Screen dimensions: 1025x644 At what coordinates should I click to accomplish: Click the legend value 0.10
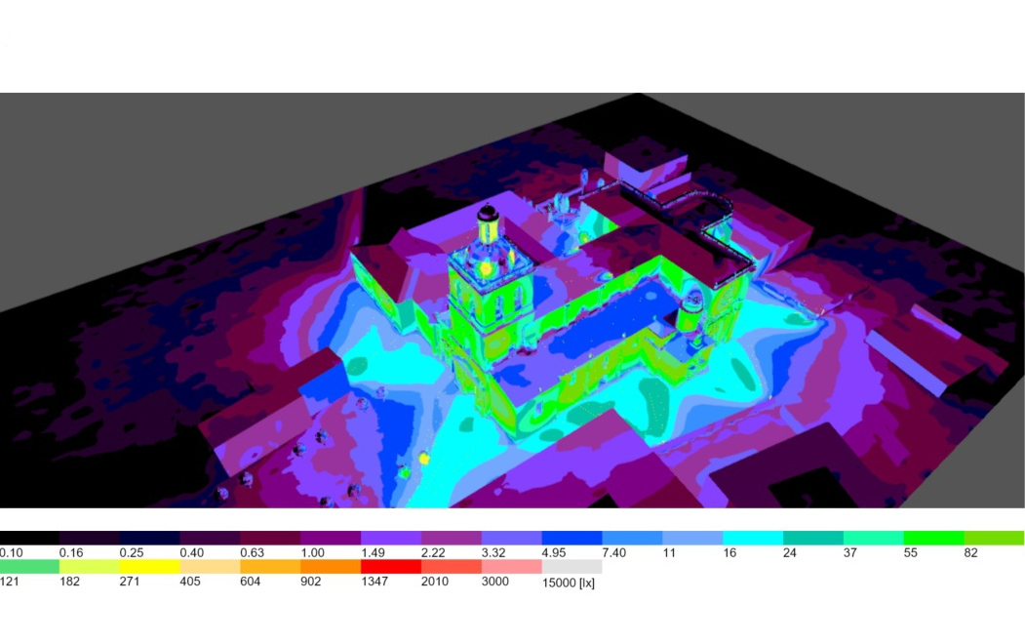click(11, 552)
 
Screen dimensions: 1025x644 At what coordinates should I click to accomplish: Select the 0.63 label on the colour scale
click(252, 552)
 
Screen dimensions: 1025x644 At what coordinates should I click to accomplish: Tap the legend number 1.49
click(373, 552)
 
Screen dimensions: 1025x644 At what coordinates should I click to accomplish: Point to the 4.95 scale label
click(554, 552)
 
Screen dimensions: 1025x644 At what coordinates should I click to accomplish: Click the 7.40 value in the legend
click(613, 552)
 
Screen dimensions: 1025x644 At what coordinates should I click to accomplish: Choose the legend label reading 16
click(729, 552)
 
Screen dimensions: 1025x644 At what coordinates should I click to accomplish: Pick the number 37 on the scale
click(849, 552)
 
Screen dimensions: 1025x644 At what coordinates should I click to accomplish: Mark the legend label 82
click(970, 552)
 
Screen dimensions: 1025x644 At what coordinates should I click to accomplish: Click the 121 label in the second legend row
click(10, 582)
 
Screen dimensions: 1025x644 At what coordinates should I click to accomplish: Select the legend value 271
click(130, 582)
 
